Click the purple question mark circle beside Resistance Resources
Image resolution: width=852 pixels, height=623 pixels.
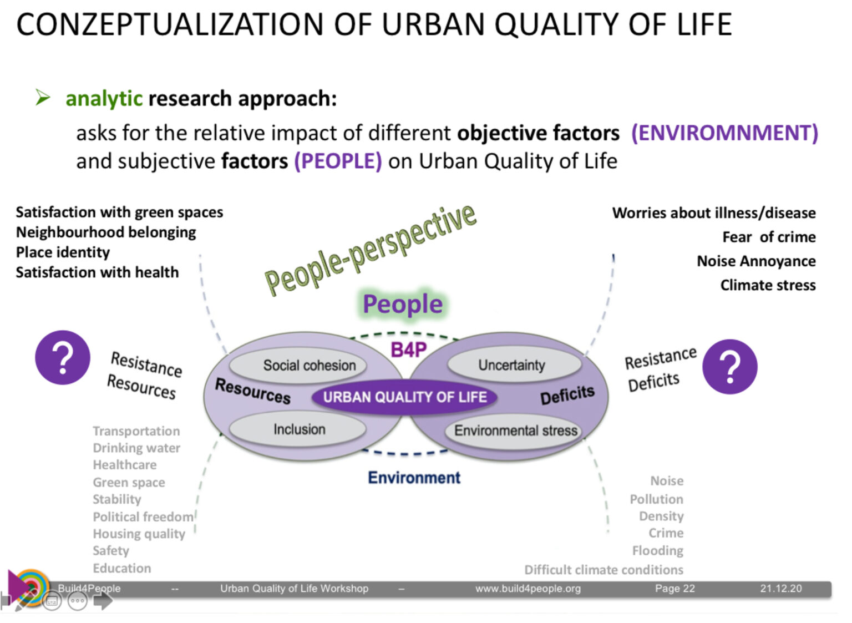click(x=63, y=358)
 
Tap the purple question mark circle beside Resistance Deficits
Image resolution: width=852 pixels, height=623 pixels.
click(x=729, y=367)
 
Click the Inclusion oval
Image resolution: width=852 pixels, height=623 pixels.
click(x=298, y=429)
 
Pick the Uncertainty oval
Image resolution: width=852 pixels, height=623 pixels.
click(x=512, y=365)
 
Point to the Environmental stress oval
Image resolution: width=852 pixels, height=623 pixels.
click(x=515, y=430)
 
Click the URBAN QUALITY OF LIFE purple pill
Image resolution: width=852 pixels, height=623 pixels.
click(x=404, y=397)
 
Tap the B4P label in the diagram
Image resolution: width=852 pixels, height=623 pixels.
click(x=408, y=350)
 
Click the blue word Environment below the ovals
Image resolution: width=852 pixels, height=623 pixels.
click(x=414, y=478)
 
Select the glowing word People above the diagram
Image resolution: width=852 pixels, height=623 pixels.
click(x=402, y=304)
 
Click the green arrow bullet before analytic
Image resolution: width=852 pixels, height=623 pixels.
click(x=43, y=98)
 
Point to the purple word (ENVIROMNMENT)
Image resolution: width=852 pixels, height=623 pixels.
click(x=724, y=133)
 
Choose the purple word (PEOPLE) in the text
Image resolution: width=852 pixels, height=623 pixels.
click(x=338, y=161)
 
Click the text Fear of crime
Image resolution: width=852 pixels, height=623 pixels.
click(x=768, y=237)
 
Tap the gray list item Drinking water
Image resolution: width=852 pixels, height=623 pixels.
click(x=136, y=448)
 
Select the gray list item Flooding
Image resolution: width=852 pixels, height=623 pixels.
click(x=657, y=550)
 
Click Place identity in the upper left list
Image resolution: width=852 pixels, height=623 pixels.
click(x=63, y=252)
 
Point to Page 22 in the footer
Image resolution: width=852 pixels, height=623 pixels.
click(x=674, y=589)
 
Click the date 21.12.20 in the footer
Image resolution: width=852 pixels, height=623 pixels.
click(x=780, y=589)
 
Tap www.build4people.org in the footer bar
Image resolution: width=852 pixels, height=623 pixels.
click(x=528, y=589)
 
